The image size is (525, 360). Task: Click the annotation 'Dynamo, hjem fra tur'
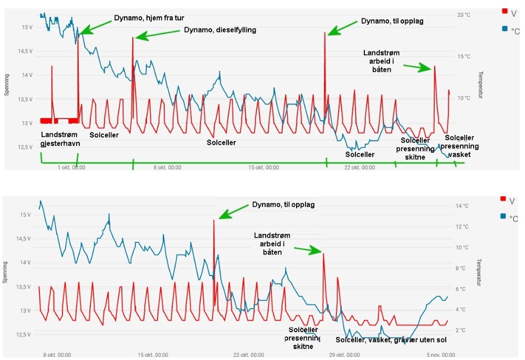(x=149, y=18)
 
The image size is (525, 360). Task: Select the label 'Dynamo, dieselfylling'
(x=220, y=30)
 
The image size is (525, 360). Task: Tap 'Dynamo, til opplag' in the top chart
(x=392, y=22)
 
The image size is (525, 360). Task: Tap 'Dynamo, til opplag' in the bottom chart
(x=283, y=205)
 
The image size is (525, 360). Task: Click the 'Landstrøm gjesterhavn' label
(x=59, y=139)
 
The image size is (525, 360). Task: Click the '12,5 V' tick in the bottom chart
(x=25, y=335)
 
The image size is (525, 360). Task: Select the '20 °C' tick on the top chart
(x=464, y=15)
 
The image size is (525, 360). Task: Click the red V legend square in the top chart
(x=505, y=11)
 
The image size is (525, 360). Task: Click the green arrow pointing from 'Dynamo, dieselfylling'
(x=157, y=34)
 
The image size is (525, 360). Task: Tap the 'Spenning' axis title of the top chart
(x=7, y=87)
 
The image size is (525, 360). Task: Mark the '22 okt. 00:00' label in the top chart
(x=360, y=168)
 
